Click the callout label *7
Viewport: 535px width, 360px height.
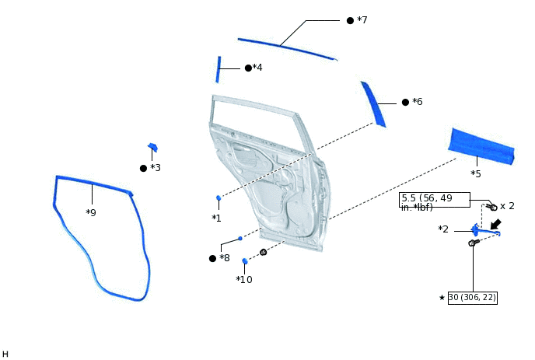click(x=362, y=19)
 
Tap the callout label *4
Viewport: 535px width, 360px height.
click(x=257, y=68)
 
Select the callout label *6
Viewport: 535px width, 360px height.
click(x=417, y=102)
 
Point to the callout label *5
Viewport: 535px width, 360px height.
click(x=476, y=173)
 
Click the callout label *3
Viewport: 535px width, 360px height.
click(x=156, y=168)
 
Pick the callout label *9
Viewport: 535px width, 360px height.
click(x=91, y=212)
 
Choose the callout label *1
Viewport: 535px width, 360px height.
click(x=216, y=218)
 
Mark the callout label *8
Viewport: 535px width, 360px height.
click(x=224, y=258)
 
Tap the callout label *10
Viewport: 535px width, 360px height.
click(x=244, y=279)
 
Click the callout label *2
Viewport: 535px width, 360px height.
click(x=443, y=229)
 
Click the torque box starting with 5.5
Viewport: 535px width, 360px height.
click(x=435, y=201)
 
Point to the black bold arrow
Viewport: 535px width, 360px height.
click(x=495, y=225)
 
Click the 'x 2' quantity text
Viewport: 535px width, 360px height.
click(x=507, y=206)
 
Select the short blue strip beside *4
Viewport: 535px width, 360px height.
click(x=219, y=69)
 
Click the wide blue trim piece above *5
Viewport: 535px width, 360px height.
click(x=481, y=147)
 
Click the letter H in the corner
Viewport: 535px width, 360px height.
click(x=5, y=354)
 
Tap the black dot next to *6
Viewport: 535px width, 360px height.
click(x=405, y=102)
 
